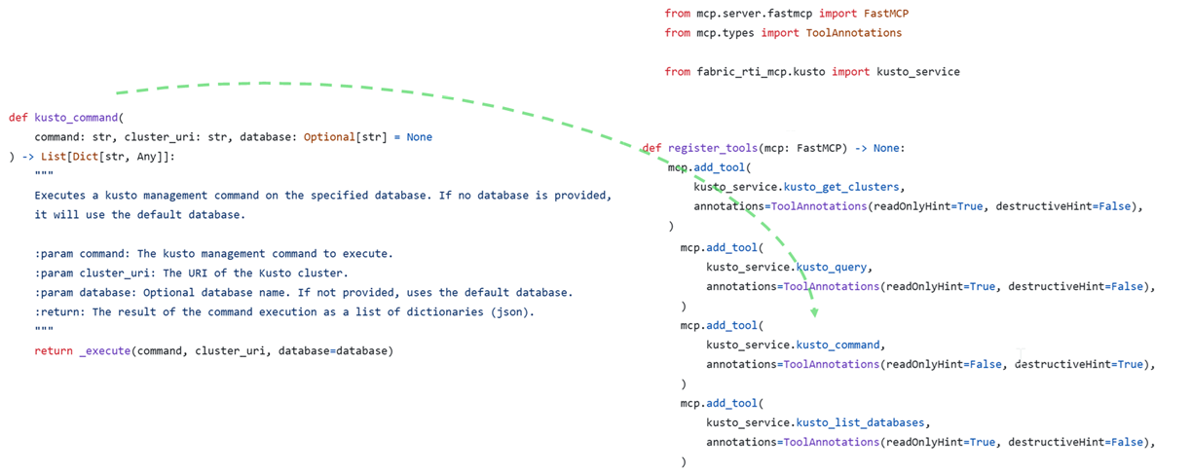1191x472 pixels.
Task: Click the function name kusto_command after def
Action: pyautogui.click(x=75, y=118)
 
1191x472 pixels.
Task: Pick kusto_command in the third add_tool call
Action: pyautogui.click(x=839, y=345)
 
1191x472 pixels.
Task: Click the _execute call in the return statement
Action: pyautogui.click(x=103, y=350)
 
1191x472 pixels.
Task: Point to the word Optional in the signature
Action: pyautogui.click(x=328, y=137)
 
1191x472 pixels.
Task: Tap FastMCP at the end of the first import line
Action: pyautogui.click(x=886, y=14)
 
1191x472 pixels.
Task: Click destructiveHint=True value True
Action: pyautogui.click(x=1130, y=364)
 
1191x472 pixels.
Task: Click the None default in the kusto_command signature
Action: pyautogui.click(x=420, y=137)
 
